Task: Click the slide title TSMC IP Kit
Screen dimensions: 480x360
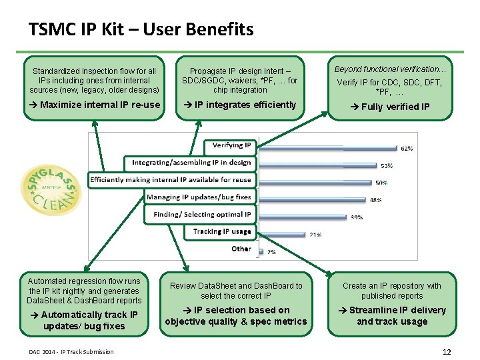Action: (x=141, y=30)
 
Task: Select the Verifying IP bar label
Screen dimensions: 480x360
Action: (x=231, y=145)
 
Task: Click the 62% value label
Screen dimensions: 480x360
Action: (x=407, y=149)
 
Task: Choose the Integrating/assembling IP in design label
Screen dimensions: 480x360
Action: (x=191, y=162)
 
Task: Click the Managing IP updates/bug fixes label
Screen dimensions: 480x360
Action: (x=199, y=197)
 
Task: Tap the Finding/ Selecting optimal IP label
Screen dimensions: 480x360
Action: (x=202, y=214)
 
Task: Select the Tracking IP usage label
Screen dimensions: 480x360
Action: (x=222, y=231)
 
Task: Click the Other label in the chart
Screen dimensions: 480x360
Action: (x=241, y=249)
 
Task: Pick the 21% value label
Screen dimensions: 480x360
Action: (x=316, y=234)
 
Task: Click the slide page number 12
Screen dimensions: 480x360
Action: (x=447, y=352)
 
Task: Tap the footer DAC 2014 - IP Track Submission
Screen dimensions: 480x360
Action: (x=71, y=352)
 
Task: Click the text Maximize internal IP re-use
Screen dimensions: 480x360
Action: (x=95, y=105)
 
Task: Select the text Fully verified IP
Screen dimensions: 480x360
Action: (x=391, y=107)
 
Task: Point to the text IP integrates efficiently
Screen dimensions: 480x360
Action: (x=240, y=105)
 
